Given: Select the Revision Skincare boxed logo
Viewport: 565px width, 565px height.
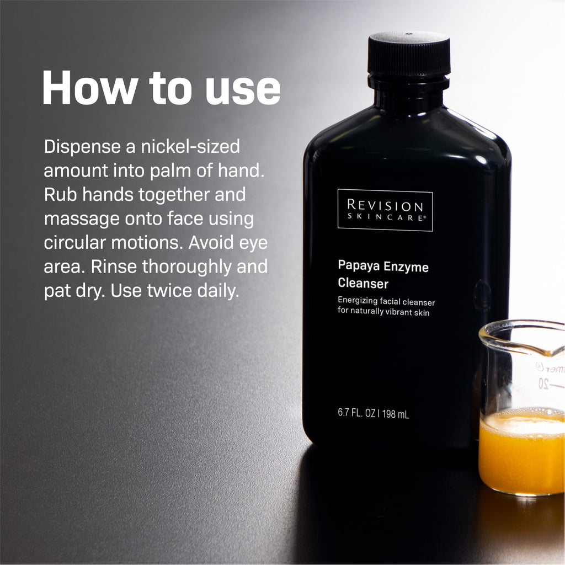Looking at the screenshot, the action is (385, 210).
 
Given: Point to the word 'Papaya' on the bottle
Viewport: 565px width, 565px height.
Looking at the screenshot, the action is (359, 266).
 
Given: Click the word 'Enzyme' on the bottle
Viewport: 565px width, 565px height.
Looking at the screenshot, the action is (406, 267).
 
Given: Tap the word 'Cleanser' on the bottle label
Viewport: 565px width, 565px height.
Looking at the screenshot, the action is (363, 283).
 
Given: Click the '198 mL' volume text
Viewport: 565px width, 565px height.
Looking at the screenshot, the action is (395, 414).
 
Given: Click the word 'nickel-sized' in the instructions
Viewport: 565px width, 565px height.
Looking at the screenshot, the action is (190, 147).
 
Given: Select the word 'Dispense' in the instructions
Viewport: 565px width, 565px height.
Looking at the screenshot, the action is (82, 147).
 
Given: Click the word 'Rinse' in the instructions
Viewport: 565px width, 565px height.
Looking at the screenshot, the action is (114, 266).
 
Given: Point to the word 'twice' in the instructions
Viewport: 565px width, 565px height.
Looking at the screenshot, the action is (169, 290).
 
